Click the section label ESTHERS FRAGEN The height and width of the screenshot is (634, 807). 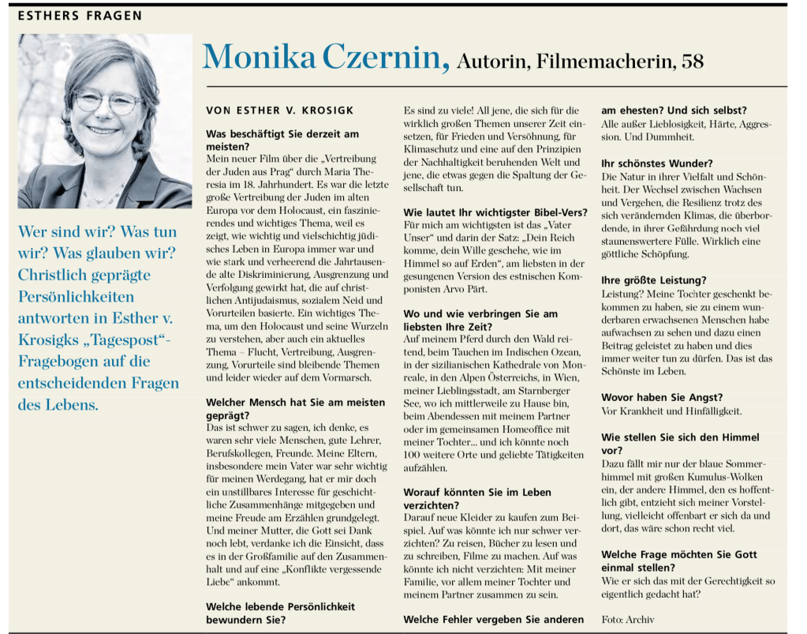[80, 15]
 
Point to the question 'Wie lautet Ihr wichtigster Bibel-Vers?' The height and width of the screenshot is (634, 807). [495, 213]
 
